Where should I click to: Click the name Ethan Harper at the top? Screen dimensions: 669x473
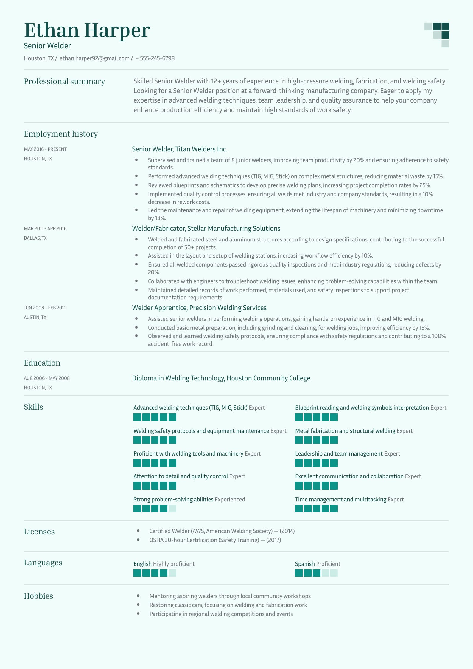pos(87,30)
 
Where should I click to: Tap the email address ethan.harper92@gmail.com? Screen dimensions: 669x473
pos(94,58)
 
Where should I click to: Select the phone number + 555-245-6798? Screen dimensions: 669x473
pos(155,58)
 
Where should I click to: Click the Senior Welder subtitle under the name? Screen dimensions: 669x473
pos(47,46)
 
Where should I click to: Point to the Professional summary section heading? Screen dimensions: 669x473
pos(64,81)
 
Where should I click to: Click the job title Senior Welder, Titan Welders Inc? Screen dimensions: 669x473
pos(179,149)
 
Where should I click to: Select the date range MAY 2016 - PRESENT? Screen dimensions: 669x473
pos(45,149)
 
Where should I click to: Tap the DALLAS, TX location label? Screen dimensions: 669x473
pos(35,238)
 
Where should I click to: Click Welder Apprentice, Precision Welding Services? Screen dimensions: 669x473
pos(199,308)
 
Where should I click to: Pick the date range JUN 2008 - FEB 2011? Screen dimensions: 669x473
pos(45,308)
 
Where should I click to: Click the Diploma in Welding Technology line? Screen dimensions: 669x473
pos(221,378)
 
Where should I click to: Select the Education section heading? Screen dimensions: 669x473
pos(42,363)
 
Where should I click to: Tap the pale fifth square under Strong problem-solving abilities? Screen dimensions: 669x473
pos(172,509)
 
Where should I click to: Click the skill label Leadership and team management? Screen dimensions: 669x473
pos(339,454)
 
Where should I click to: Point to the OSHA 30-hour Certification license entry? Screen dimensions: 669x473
pos(215,540)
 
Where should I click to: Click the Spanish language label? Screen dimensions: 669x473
pos(305,564)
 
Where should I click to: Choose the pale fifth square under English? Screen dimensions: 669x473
pos(172,573)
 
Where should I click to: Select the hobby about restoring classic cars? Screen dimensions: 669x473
pos(228,605)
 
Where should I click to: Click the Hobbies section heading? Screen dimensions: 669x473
pos(38,596)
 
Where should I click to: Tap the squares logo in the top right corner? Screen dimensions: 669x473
pos(437,35)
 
